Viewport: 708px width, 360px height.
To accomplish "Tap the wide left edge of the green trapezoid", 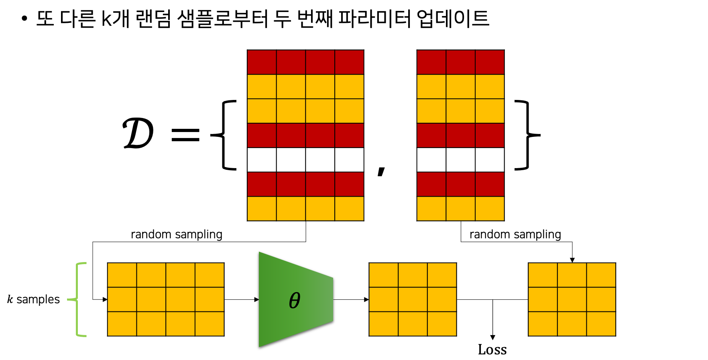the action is [260, 299].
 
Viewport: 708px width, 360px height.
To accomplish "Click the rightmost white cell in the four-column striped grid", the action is [349, 160].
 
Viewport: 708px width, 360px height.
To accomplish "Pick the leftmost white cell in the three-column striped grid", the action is [431, 160].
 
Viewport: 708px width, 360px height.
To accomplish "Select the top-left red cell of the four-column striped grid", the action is [262, 62].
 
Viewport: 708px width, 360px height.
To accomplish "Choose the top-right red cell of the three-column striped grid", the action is [490, 62].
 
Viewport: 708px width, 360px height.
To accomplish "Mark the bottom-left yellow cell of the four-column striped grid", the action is [262, 208].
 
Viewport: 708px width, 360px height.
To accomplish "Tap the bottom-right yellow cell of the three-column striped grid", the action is [490, 208].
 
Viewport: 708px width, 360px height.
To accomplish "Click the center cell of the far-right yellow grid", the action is [572, 299].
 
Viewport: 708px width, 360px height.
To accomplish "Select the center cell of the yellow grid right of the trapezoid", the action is [413, 299].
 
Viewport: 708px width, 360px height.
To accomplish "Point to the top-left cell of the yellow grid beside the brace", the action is [122, 275].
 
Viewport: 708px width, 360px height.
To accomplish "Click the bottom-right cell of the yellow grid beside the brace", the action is [210, 323].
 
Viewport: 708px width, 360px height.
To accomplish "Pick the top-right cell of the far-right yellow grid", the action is [601, 275].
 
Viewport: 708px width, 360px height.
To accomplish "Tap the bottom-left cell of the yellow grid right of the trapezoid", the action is [384, 323].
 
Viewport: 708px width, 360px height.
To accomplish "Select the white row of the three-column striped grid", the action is [460, 160].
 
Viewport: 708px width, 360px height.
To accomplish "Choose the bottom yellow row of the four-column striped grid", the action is [305, 208].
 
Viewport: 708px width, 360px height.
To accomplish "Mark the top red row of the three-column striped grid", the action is [460, 62].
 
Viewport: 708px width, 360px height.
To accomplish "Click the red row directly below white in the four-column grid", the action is [305, 184].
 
